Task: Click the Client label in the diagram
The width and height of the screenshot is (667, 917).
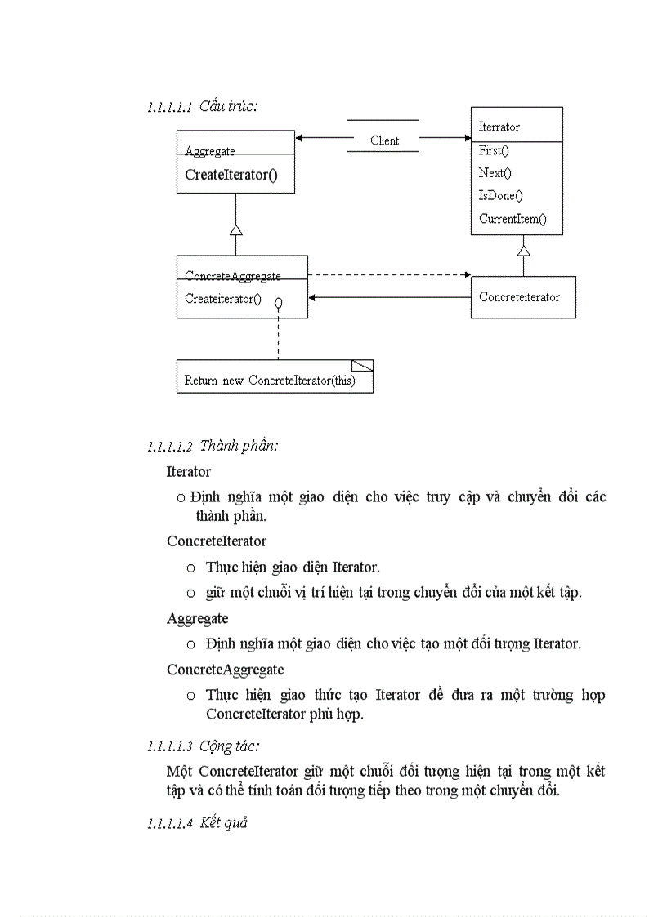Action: (384, 140)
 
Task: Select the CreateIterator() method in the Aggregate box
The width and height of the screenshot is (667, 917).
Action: (231, 174)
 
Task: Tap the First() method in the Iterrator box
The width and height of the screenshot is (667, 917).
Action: (494, 150)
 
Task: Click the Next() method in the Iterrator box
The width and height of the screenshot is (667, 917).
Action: (495, 173)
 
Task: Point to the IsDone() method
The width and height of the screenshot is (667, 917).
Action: (500, 196)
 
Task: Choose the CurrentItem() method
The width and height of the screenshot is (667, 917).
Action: (513, 219)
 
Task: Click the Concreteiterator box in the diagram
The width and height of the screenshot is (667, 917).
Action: (523, 297)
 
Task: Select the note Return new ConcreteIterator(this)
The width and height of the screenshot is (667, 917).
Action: (270, 381)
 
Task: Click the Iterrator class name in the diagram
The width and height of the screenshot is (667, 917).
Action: (499, 127)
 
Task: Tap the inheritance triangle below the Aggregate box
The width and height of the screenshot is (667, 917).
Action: (235, 229)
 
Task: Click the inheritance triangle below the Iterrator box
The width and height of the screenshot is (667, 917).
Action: (524, 251)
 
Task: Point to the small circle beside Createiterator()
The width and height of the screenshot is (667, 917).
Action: (279, 304)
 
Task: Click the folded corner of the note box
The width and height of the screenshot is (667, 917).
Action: (363, 365)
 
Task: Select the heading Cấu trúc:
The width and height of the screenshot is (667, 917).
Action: (229, 106)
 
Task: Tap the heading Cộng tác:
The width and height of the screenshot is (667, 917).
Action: (230, 746)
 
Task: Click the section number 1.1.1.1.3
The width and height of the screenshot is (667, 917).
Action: (169, 747)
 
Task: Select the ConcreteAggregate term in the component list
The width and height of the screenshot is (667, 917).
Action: (226, 670)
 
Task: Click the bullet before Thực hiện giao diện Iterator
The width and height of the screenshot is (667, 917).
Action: (190, 568)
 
